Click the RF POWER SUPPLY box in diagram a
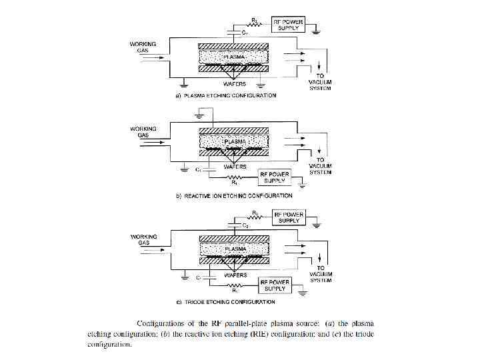pos(288,25)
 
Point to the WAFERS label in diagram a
pos(235,85)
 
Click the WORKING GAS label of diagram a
pos(143,47)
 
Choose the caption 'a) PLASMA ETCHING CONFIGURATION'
pos(225,96)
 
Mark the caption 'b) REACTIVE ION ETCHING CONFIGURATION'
pos(233,196)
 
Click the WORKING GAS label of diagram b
pos(143,131)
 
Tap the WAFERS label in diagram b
pos(235,167)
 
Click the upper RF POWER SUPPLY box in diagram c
pos(289,217)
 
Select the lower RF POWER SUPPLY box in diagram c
pos(275,285)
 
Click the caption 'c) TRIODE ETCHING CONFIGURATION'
pos(225,302)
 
